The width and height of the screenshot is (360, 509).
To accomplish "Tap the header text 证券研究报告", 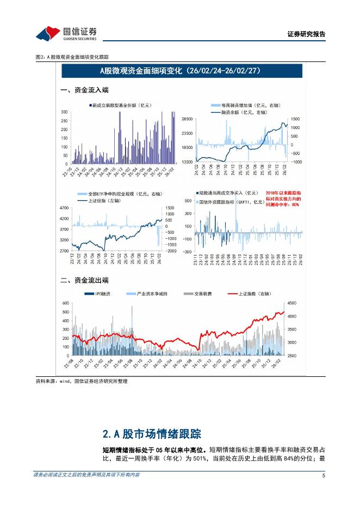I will pyautogui.click(x=306, y=34).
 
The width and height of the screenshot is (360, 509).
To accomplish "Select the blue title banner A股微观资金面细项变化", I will pyautogui.click(x=182, y=71).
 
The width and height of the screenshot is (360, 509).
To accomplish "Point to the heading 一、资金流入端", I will pyautogui.click(x=84, y=90).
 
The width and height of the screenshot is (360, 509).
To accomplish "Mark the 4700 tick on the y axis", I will pyautogui.click(x=63, y=208).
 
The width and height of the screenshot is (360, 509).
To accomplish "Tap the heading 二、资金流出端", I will pyautogui.click(x=84, y=281).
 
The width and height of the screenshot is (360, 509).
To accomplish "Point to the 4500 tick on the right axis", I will pyautogui.click(x=291, y=303).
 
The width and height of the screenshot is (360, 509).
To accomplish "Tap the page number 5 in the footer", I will pyautogui.click(x=324, y=475).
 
